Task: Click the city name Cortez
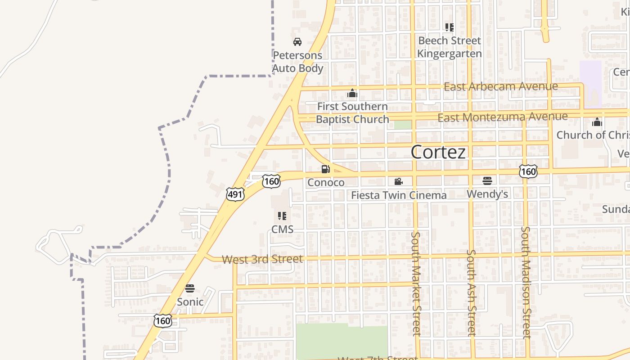[438, 152]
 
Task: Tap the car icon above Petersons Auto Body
[297, 42]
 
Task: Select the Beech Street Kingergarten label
[449, 47]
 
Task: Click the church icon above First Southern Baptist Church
[352, 93]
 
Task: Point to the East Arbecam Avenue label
[500, 86]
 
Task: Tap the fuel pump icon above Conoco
[325, 169]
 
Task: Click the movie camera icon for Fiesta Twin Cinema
[398, 181]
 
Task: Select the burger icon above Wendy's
[487, 181]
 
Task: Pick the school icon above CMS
[282, 216]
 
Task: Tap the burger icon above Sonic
[190, 288]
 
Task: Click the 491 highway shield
[235, 194]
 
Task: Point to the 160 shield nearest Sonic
[162, 321]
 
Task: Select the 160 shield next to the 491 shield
[271, 181]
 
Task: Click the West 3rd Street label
[262, 259]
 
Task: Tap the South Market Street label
[415, 283]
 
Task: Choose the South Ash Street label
[471, 292]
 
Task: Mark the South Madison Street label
[526, 282]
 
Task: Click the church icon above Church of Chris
[597, 122]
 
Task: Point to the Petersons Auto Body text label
[298, 62]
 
